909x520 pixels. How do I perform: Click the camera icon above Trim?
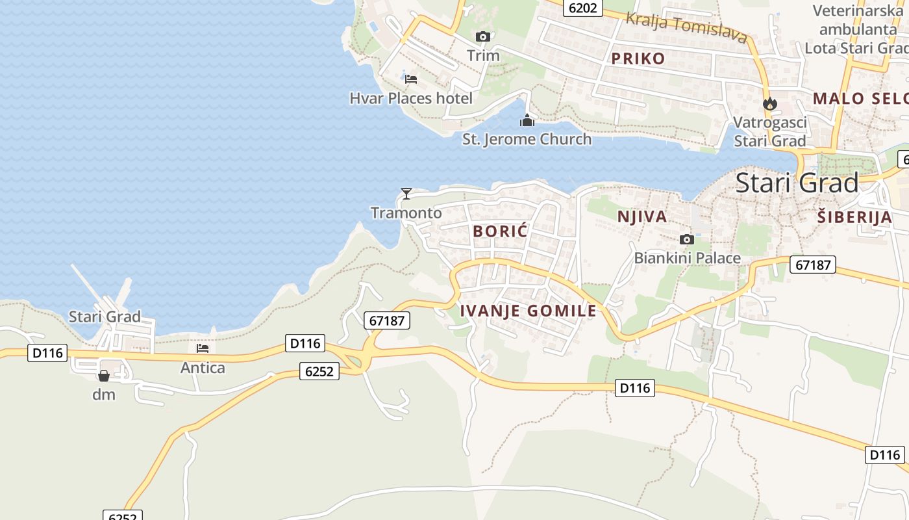482,36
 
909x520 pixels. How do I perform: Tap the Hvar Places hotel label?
411,99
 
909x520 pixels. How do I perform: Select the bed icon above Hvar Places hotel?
410,79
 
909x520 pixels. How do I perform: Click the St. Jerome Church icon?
527,120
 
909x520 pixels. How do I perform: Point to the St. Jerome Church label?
527,139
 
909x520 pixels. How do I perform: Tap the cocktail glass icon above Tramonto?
406,193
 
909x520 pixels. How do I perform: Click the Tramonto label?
406,213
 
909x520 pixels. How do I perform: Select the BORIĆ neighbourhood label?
501,231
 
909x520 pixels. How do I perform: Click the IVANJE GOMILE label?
528,311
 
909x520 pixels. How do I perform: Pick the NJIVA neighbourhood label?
641,216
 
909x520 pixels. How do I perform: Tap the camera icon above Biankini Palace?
686,239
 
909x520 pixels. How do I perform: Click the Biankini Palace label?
687,258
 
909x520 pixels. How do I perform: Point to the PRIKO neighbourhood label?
638,58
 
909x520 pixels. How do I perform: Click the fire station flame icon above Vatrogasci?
769,103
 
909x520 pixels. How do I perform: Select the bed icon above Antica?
203,348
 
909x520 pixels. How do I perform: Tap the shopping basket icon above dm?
103,376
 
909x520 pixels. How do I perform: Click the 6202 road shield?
582,8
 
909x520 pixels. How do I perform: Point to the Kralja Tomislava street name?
686,27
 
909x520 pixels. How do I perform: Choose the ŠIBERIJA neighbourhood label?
854,217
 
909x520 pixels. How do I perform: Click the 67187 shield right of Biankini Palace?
812,265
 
